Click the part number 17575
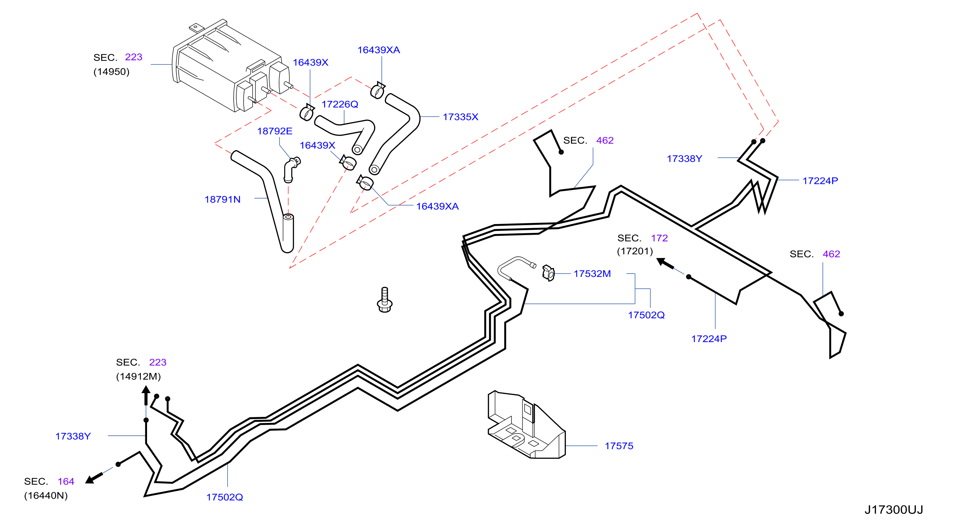click(619, 446)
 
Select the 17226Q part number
click(340, 104)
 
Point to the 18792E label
click(275, 131)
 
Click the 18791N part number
click(222, 199)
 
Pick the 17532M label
click(592, 273)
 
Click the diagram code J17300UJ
click(894, 510)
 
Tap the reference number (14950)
click(112, 72)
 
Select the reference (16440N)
click(46, 495)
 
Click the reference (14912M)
click(138, 376)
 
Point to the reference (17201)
click(635, 251)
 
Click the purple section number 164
click(66, 481)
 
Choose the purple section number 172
click(659, 238)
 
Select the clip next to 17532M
click(549, 273)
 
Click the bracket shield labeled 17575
click(527, 424)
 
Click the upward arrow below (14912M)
click(146, 396)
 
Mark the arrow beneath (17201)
click(665, 263)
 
